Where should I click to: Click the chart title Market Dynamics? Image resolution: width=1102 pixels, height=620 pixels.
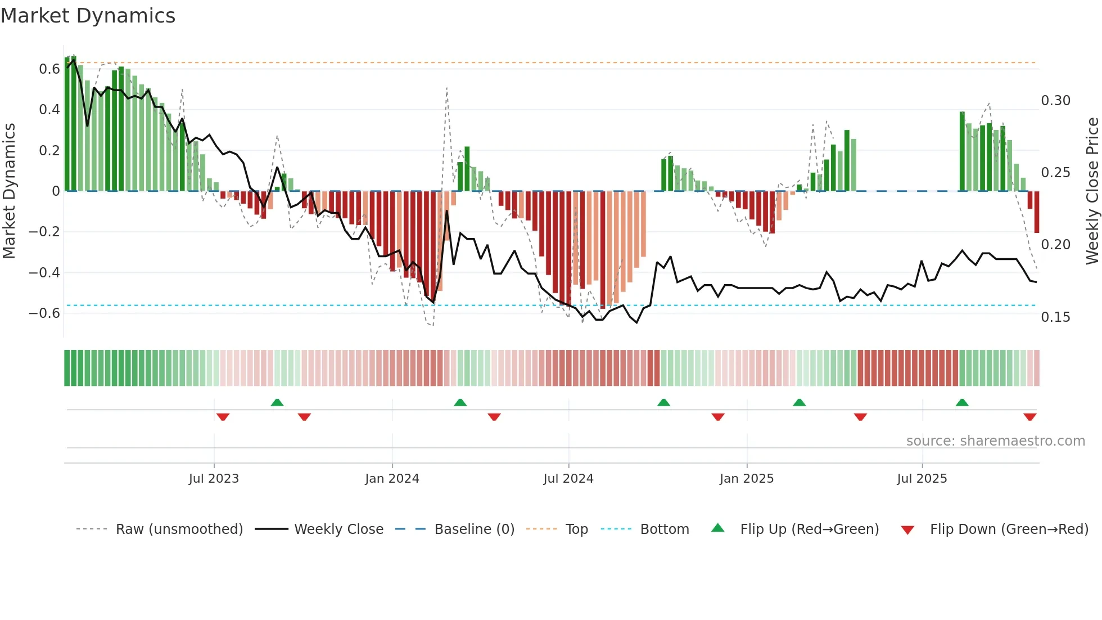[x=88, y=16]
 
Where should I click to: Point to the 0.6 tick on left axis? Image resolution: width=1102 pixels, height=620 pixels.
[x=49, y=69]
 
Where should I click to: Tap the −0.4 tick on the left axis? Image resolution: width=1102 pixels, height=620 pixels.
[x=44, y=273]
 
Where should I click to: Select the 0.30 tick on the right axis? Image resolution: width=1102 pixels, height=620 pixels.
[x=1055, y=101]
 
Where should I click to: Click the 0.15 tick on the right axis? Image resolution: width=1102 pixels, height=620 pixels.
[x=1055, y=317]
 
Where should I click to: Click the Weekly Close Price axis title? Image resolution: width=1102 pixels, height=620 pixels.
[x=1092, y=191]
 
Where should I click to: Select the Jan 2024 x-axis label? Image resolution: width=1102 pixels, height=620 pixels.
[x=392, y=479]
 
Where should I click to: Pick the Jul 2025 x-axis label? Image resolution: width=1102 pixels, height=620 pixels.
[x=922, y=479]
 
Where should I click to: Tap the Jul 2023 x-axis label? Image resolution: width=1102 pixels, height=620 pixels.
[x=214, y=479]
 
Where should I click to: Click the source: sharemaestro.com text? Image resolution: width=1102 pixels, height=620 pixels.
[x=995, y=441]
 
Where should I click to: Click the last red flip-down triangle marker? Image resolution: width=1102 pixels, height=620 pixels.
[x=1029, y=417]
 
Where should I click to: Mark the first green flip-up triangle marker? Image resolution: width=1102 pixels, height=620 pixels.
[x=277, y=402]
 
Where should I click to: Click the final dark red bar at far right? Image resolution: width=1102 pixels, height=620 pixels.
[x=1037, y=212]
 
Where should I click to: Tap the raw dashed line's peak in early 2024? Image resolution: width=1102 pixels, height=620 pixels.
[x=447, y=88]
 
